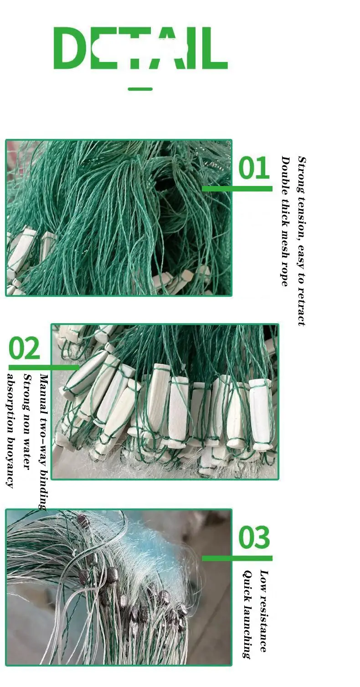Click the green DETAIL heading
(140, 48)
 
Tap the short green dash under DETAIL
(140, 89)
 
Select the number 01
(254, 168)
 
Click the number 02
(24, 349)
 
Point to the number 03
(254, 537)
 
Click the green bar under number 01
(237, 188)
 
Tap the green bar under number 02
(43, 367)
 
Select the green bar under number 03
(237, 558)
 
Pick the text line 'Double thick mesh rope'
(285, 221)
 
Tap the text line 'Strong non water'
(27, 422)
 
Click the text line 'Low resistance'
(263, 610)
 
